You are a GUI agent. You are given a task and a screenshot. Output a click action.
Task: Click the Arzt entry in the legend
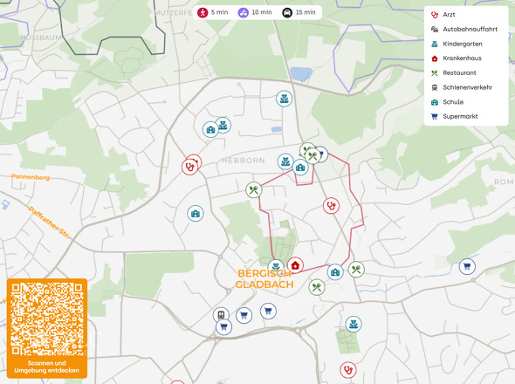click(449, 15)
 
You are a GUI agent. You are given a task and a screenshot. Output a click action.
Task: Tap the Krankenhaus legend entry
click(461, 58)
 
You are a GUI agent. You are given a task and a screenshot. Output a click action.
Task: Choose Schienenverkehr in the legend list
click(467, 87)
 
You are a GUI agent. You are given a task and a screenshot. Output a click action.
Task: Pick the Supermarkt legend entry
click(459, 116)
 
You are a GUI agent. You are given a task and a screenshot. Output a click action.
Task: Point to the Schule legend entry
click(452, 101)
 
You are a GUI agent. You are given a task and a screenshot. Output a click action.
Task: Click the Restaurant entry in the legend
click(459, 72)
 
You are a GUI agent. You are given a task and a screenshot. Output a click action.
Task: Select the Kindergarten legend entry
click(462, 44)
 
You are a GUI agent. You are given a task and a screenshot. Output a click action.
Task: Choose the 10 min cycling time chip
click(255, 13)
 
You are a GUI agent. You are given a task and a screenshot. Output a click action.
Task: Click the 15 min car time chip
click(299, 13)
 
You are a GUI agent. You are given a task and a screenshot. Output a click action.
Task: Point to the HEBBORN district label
click(243, 161)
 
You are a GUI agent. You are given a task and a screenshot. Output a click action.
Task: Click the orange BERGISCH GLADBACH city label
click(265, 278)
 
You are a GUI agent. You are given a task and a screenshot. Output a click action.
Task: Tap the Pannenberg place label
click(31, 177)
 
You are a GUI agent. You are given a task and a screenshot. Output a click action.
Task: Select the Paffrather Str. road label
click(48, 222)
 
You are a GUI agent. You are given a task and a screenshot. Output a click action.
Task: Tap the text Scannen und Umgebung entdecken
click(47, 367)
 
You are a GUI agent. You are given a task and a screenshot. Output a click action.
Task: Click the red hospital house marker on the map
click(295, 265)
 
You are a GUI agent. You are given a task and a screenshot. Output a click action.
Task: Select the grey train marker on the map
click(221, 315)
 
